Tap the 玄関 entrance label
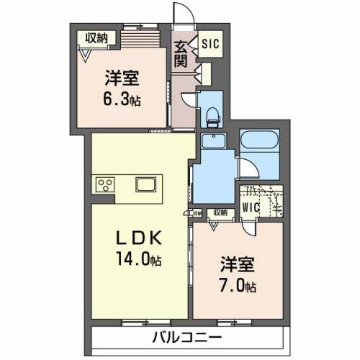click(180, 55)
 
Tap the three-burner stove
click(105, 184)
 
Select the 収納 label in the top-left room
click(94, 37)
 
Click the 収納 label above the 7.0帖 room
click(219, 212)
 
